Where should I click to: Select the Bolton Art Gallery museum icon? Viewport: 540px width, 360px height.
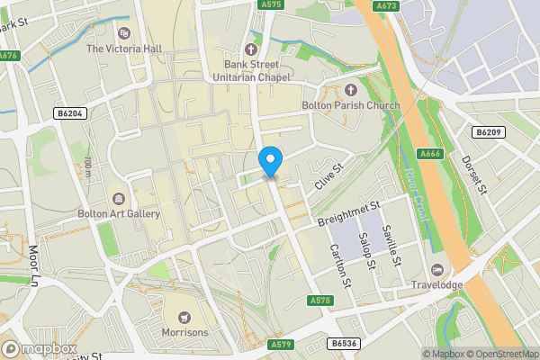[x=119, y=198]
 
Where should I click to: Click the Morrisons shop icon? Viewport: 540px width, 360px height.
[x=184, y=317]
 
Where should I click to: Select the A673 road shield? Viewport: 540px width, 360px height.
[x=387, y=5]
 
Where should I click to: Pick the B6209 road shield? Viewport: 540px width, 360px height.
[x=488, y=132]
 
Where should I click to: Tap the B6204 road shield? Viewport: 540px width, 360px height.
[x=69, y=113]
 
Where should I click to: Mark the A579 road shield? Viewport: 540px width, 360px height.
[x=280, y=344]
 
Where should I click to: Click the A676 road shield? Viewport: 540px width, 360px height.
[x=8, y=56]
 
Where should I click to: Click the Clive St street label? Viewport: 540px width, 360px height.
[x=330, y=176]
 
